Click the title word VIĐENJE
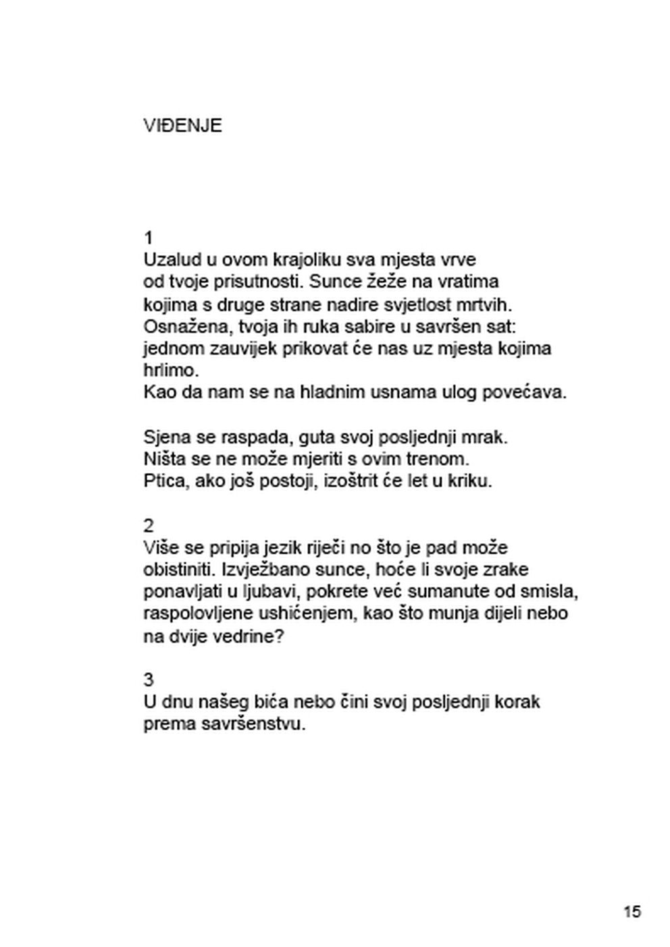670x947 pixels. pyautogui.click(x=182, y=126)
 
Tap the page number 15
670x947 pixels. pyautogui.click(x=632, y=911)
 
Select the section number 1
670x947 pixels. pyautogui.click(x=149, y=238)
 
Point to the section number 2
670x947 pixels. pyautogui.click(x=149, y=525)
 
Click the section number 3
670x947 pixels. pyautogui.click(x=149, y=679)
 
